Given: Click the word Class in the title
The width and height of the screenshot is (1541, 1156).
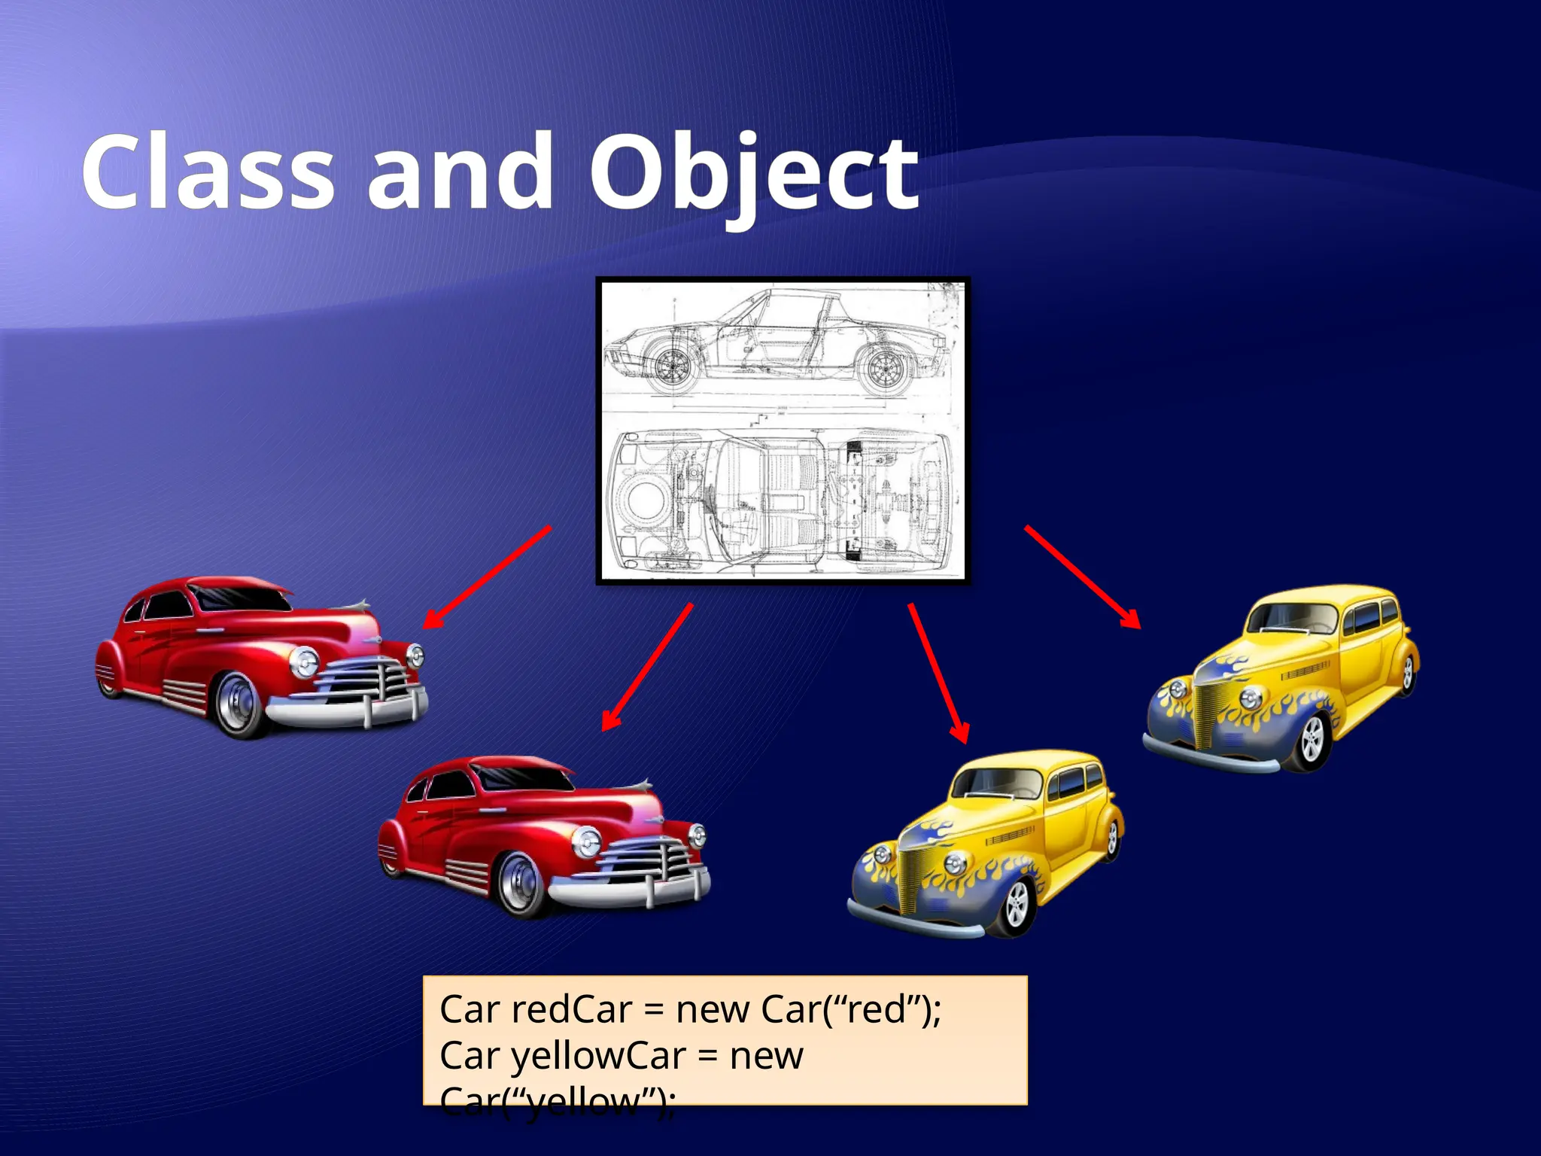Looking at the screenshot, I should click(x=208, y=173).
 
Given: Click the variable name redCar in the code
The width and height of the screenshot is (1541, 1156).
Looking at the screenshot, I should click(x=571, y=1009).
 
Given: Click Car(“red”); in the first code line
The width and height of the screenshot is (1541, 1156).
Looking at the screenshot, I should click(x=850, y=1009).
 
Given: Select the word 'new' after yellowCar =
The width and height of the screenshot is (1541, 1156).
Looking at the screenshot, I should click(x=766, y=1055).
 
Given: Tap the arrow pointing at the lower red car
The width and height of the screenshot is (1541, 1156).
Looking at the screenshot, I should click(x=647, y=667).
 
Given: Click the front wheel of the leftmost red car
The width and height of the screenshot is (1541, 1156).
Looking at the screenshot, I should click(x=240, y=704).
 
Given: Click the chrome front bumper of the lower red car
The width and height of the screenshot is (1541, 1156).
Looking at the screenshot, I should click(x=632, y=892).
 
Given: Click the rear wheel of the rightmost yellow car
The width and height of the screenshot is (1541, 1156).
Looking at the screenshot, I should click(x=1408, y=674).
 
